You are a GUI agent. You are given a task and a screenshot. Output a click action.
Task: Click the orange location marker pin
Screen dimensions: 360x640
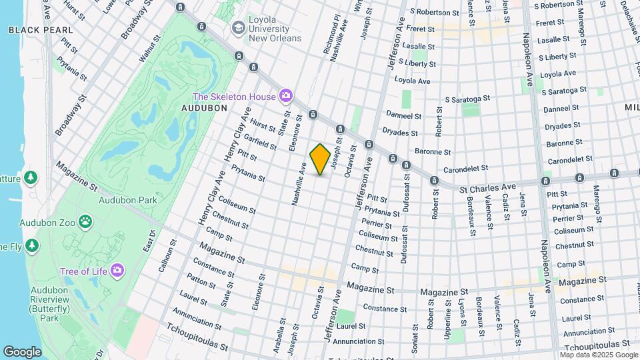[x=320, y=159]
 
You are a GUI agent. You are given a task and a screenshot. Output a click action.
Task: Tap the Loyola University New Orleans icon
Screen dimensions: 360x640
[x=238, y=29]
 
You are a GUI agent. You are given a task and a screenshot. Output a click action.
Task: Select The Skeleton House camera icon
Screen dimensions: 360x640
[x=286, y=97]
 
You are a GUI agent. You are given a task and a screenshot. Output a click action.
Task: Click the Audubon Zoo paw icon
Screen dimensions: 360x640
[x=86, y=221]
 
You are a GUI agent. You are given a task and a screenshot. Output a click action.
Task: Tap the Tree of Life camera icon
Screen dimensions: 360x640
[x=117, y=270]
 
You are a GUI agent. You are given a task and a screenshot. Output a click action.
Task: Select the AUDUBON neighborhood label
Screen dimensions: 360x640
[x=205, y=107]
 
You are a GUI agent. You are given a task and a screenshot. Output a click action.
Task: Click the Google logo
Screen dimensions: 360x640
[x=22, y=351]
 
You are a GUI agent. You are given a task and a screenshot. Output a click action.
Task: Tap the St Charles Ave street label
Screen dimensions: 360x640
[x=489, y=188]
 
